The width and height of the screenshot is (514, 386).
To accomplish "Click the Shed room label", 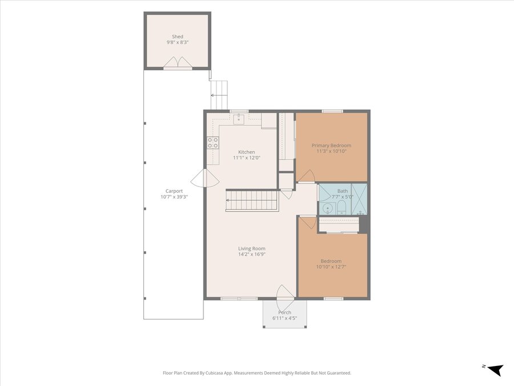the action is (x=178, y=37).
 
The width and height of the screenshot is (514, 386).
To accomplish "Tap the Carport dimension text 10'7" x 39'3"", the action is (x=174, y=197).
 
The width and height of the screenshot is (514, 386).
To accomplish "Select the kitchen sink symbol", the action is (x=239, y=119).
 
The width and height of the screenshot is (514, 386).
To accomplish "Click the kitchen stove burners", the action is (x=213, y=143).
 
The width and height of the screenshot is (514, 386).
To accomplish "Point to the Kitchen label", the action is (x=247, y=152).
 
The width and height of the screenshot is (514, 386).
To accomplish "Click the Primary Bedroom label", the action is (x=331, y=145).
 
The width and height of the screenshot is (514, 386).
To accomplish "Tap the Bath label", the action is (x=343, y=190).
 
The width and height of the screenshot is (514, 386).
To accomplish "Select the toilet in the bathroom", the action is (x=342, y=208).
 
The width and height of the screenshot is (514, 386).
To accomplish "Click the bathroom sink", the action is (x=327, y=209).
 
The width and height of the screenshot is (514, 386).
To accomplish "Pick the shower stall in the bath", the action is (x=359, y=199).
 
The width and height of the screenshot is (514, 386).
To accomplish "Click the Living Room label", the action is (x=252, y=249).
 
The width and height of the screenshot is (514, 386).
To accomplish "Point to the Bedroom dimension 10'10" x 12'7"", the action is (x=331, y=267).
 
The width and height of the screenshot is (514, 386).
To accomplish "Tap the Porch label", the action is (x=284, y=312).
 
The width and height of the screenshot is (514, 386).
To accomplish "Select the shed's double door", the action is (x=178, y=63).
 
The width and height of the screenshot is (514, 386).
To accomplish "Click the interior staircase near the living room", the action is (x=251, y=200).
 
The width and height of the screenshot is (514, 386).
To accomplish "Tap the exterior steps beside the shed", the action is (x=219, y=94).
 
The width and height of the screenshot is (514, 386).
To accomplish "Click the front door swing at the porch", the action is (x=285, y=293).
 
